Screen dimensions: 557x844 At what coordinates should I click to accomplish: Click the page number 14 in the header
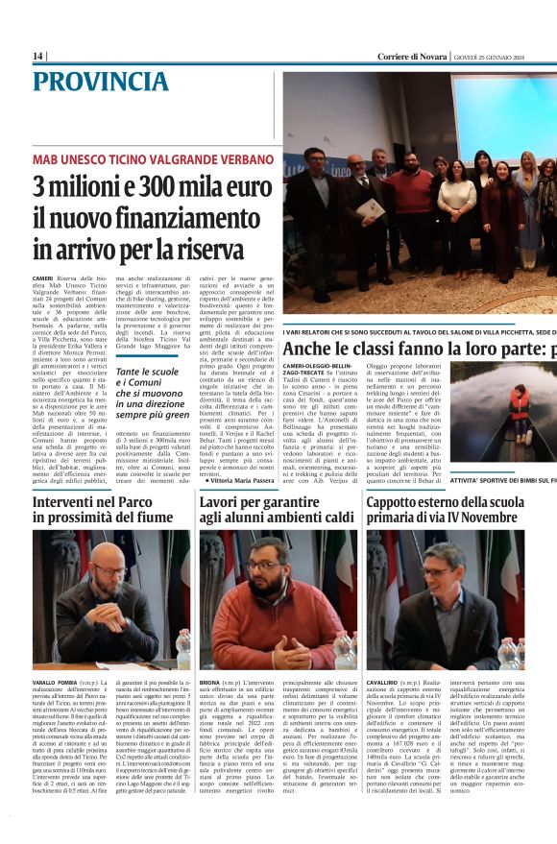37,57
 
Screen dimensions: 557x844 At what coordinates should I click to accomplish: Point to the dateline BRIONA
212,682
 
